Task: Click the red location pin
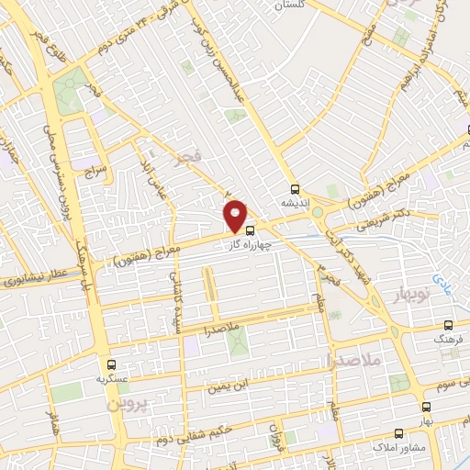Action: coord(236,215)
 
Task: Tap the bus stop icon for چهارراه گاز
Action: coord(252,232)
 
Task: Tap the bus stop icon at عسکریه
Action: coord(111,364)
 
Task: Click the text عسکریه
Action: coord(111,377)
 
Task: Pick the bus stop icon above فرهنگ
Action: coord(448,325)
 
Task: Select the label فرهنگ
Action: coord(448,339)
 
